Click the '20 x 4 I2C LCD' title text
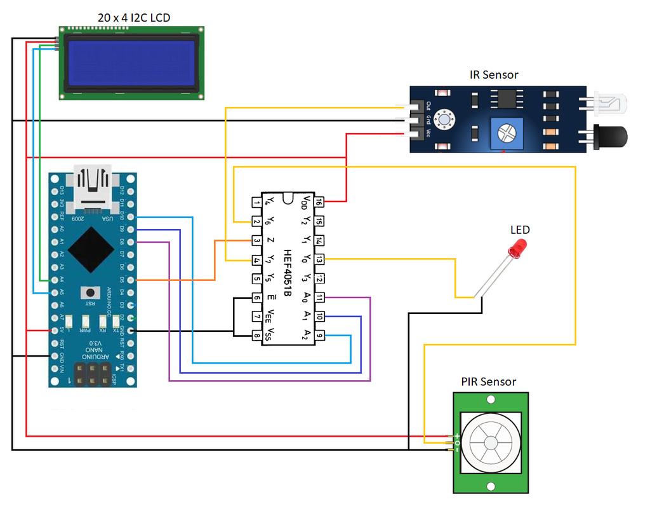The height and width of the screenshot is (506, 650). pyautogui.click(x=133, y=17)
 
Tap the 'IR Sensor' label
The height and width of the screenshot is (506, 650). pyautogui.click(x=493, y=74)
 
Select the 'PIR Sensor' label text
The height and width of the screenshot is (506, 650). pyautogui.click(x=488, y=381)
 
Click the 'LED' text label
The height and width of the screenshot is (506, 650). pyautogui.click(x=520, y=229)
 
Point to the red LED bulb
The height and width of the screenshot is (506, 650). pyautogui.click(x=520, y=247)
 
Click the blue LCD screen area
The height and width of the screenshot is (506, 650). pyautogui.click(x=131, y=63)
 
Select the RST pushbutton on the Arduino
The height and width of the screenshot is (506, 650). pyautogui.click(x=92, y=292)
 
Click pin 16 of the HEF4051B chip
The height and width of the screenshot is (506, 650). pyautogui.click(x=319, y=202)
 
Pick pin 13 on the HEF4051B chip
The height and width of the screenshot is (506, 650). pyautogui.click(x=319, y=259)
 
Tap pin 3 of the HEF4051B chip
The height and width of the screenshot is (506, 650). pyautogui.click(x=256, y=241)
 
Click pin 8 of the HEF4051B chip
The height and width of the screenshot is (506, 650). pyautogui.click(x=256, y=336)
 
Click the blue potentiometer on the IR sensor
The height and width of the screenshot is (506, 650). pyautogui.click(x=506, y=133)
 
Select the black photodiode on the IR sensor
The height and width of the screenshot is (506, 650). pyautogui.click(x=609, y=135)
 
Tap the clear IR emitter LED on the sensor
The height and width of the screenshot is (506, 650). pyautogui.click(x=609, y=102)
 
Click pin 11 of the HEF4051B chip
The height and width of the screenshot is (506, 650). pyautogui.click(x=319, y=297)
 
